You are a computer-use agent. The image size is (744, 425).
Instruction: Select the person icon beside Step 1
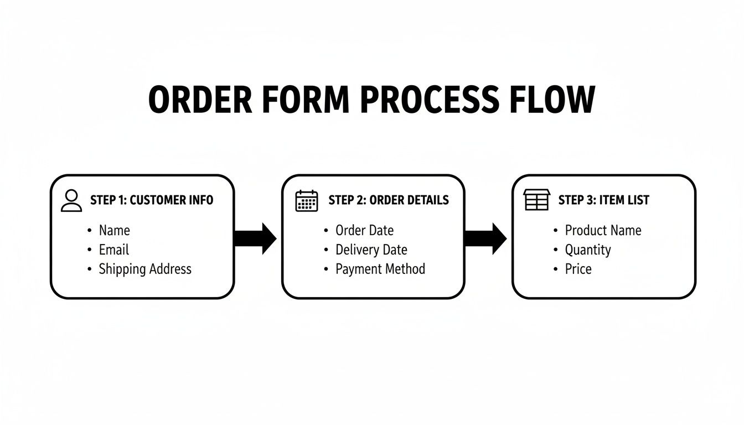[x=71, y=200]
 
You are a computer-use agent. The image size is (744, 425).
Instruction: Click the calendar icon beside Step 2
[x=307, y=200]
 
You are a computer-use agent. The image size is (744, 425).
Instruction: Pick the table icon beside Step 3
[x=536, y=200]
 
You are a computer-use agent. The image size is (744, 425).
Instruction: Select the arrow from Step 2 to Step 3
[x=485, y=239]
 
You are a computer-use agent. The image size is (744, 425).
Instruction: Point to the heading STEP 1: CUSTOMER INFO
[x=152, y=200]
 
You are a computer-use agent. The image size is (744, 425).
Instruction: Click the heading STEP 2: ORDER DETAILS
[x=389, y=200]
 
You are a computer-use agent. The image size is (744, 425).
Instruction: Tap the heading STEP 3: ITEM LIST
[x=603, y=200]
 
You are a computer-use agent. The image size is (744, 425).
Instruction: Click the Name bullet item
[x=114, y=230]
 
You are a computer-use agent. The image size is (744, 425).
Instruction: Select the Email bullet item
[x=113, y=250]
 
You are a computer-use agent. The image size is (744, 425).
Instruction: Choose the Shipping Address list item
[x=144, y=269]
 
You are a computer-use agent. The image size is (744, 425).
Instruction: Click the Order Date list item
[x=364, y=230]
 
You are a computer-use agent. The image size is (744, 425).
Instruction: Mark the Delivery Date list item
[x=371, y=250]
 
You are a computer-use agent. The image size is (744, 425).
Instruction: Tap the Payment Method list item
[x=380, y=269]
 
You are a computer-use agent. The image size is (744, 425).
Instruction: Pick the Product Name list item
[x=602, y=230]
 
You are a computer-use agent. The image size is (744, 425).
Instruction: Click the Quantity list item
[x=587, y=250]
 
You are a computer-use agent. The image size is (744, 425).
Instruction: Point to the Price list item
[x=578, y=269]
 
